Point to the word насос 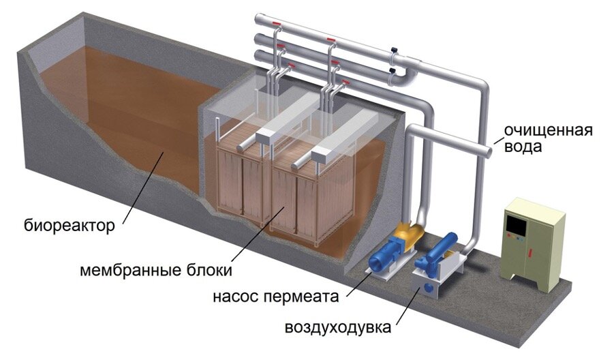(x=238, y=297)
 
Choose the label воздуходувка (x=338, y=328)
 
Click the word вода (x=523, y=147)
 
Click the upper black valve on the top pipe (x=394, y=50)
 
